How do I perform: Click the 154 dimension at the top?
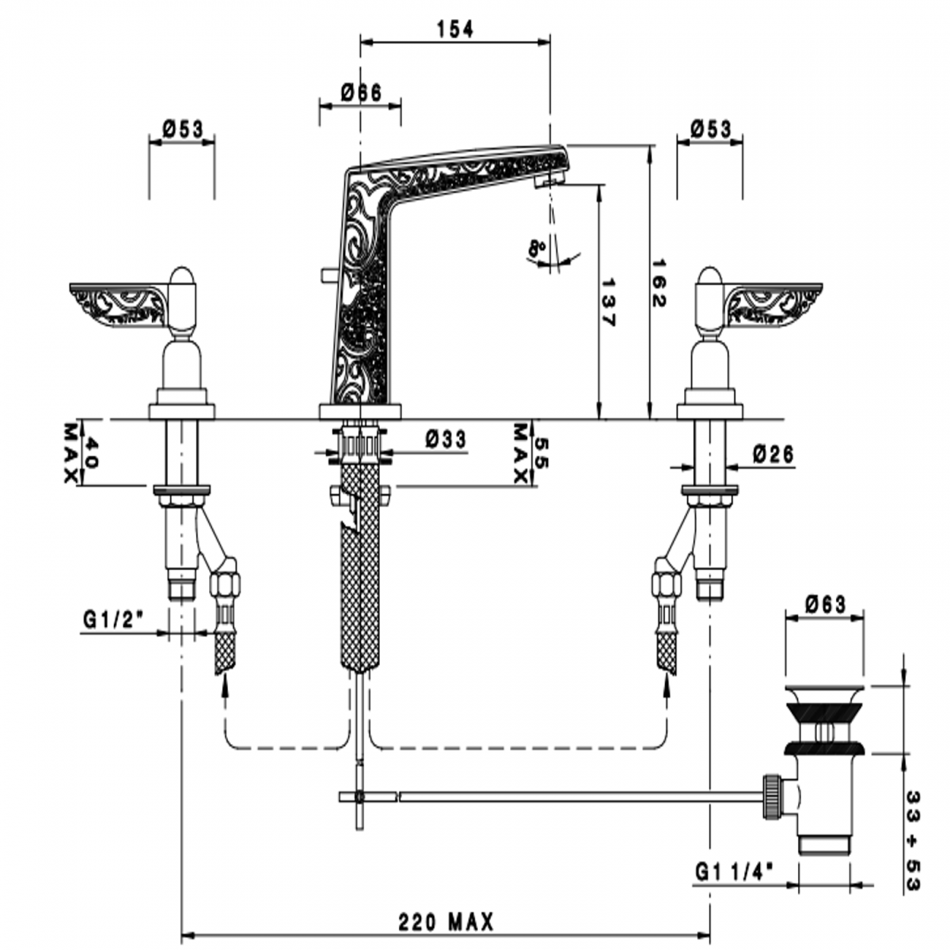pos(455,29)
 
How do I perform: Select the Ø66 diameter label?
pos(361,93)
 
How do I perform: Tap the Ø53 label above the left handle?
pos(182,129)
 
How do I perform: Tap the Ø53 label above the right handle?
pos(710,129)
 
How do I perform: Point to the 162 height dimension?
pos(659,281)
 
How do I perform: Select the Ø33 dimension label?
pos(445,439)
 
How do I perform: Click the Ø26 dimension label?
pos(772,455)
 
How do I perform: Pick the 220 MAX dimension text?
pos(446,921)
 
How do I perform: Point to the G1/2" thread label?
pos(113,620)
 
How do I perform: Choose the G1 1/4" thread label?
pos(734,872)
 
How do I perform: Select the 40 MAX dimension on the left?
pos(81,452)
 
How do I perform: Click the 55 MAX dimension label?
pos(531,453)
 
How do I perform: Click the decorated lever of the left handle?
pos(117,302)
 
